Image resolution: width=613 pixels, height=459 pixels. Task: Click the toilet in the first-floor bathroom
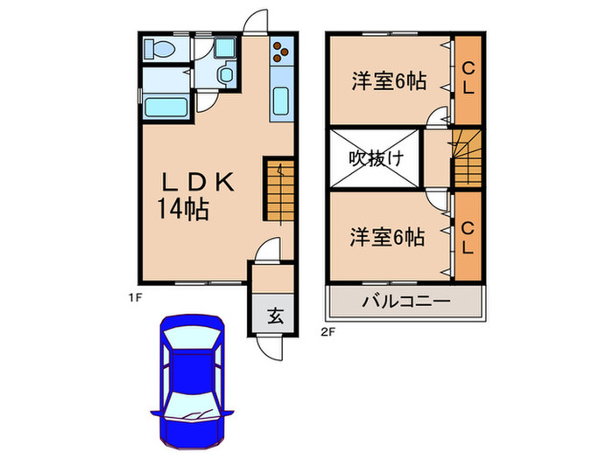tap(159, 50)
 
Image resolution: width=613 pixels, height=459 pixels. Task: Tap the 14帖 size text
tap(183, 210)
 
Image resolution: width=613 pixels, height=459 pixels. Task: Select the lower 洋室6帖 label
tap(389, 236)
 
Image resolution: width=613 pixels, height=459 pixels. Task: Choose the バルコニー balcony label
tap(405, 302)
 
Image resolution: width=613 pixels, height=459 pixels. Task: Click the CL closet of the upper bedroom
tap(469, 79)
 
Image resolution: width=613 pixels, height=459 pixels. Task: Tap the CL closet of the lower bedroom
tap(469, 236)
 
